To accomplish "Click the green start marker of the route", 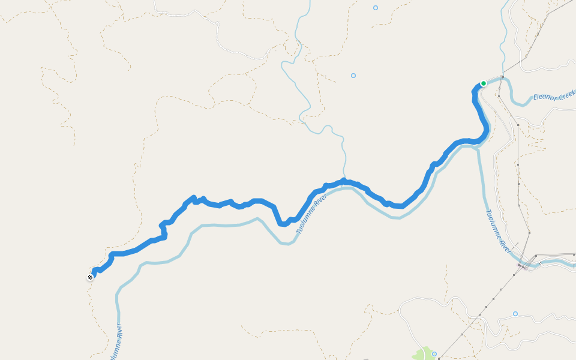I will click(x=483, y=83).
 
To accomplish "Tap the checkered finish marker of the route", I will click(x=90, y=277).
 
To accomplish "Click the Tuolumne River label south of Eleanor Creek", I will click(x=497, y=232).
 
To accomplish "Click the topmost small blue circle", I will click(x=376, y=8).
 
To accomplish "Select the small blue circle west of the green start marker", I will click(x=353, y=76).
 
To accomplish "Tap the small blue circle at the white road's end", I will click(x=515, y=314).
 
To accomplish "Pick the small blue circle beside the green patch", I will click(x=434, y=354).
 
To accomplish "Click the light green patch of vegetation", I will click(x=424, y=353).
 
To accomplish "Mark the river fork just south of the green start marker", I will click(x=478, y=148).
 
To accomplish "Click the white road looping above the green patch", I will click(x=420, y=300).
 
